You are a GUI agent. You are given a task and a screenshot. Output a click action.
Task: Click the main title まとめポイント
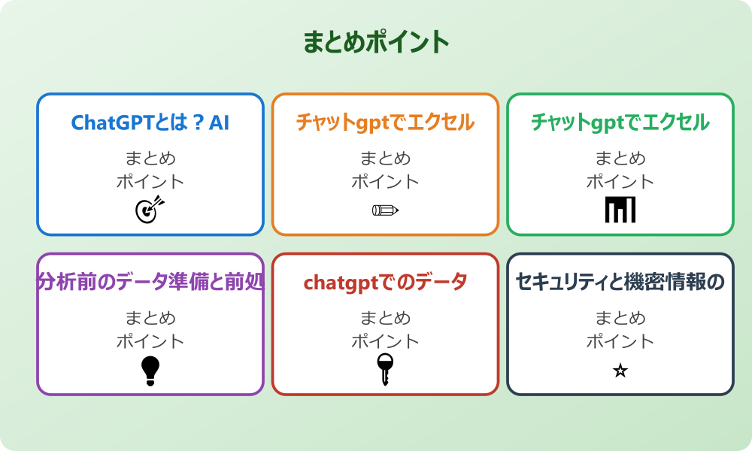pyautogui.click(x=376, y=42)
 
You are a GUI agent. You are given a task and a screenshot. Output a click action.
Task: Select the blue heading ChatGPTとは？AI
pyautogui.click(x=150, y=123)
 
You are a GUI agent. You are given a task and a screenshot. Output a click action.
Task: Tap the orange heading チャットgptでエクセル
pyautogui.click(x=385, y=123)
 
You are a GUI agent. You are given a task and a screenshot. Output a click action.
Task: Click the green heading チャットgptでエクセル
pyautogui.click(x=620, y=123)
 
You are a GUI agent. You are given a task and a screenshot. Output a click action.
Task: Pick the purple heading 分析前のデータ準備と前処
pyautogui.click(x=150, y=283)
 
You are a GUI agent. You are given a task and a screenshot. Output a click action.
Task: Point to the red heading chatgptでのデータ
pyautogui.click(x=385, y=283)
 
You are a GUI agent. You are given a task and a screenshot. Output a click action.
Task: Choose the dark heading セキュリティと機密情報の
pyautogui.click(x=620, y=283)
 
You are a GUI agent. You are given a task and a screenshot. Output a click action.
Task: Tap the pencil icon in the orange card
pyautogui.click(x=385, y=210)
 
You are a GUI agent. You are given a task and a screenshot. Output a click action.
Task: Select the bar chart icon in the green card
pyautogui.click(x=620, y=210)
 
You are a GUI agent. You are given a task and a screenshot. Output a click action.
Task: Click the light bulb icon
pyautogui.click(x=150, y=370)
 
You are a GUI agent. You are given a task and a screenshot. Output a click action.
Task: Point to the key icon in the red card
pyautogui.click(x=385, y=369)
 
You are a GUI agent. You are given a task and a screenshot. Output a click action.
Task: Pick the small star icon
pyautogui.click(x=620, y=371)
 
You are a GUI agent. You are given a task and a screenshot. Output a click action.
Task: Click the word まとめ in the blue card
pyautogui.click(x=150, y=159)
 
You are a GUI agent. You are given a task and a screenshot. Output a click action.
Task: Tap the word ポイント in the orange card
pyautogui.click(x=385, y=182)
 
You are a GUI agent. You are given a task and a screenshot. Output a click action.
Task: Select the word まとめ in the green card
pyautogui.click(x=620, y=159)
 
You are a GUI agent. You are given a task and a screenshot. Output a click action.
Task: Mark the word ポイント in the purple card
pyautogui.click(x=150, y=341)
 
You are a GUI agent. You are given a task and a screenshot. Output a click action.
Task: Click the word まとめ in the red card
pyautogui.click(x=385, y=318)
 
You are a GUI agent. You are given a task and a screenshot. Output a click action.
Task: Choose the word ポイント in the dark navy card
pyautogui.click(x=620, y=341)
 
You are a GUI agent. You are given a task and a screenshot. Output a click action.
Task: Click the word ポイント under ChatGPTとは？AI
pyautogui.click(x=150, y=182)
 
